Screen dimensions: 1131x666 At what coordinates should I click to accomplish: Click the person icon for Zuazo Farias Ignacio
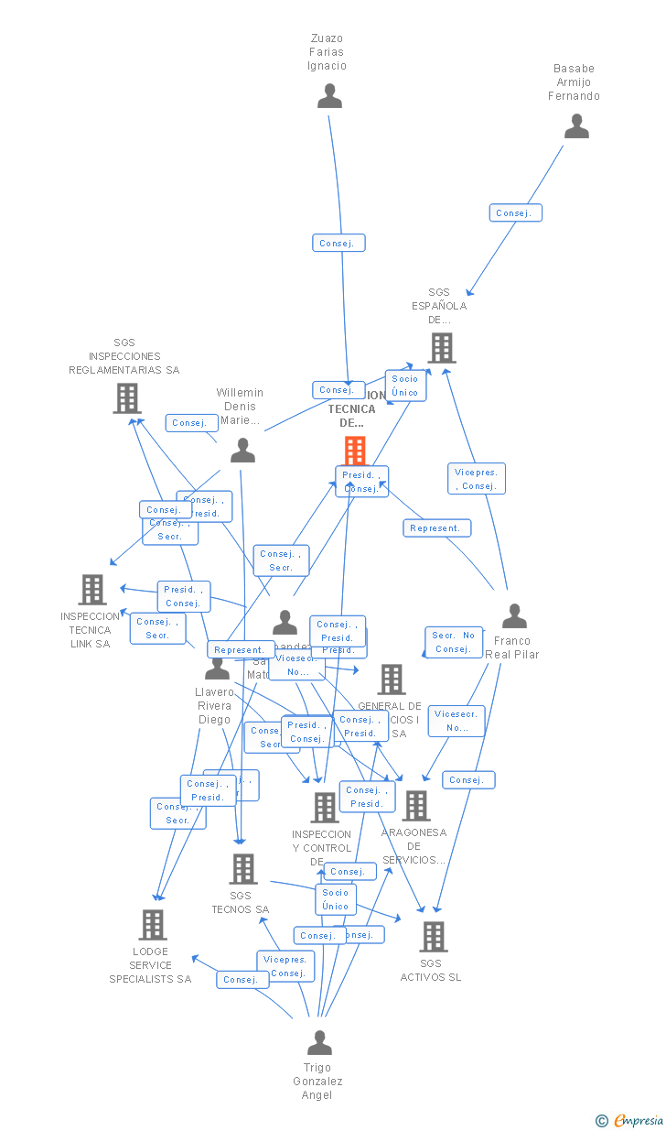click(x=329, y=96)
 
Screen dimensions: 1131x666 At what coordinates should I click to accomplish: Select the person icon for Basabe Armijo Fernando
click(x=576, y=126)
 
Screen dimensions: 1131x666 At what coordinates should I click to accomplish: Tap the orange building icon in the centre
click(x=355, y=450)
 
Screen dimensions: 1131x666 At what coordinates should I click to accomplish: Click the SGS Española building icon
click(x=442, y=348)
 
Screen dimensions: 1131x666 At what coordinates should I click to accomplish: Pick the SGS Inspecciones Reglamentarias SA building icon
click(x=126, y=397)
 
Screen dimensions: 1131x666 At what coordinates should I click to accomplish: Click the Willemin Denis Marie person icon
click(x=242, y=450)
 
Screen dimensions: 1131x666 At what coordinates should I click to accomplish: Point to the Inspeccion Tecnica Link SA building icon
click(x=92, y=590)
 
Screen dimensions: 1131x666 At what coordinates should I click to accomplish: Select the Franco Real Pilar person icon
click(x=514, y=616)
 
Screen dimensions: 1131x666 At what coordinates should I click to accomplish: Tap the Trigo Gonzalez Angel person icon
click(x=319, y=1043)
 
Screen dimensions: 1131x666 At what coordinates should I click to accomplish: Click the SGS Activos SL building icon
click(x=433, y=936)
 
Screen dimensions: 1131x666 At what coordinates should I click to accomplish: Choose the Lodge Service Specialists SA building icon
click(x=153, y=925)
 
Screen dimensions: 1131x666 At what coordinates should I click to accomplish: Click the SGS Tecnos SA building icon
click(x=242, y=868)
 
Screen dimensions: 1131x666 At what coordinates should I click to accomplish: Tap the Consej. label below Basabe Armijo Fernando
click(x=515, y=213)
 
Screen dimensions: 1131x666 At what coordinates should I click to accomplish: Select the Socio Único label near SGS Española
click(x=405, y=386)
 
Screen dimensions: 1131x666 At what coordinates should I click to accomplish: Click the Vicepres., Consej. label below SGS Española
click(x=477, y=479)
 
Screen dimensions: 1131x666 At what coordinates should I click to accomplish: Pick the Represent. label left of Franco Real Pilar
click(x=436, y=528)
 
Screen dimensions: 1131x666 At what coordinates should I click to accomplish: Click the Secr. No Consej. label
click(x=454, y=642)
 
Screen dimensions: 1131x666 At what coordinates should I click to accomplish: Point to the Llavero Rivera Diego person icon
click(x=218, y=668)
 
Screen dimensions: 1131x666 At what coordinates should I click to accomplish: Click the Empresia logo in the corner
click(x=630, y=1120)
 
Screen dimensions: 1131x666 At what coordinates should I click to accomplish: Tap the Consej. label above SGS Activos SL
click(x=468, y=780)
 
